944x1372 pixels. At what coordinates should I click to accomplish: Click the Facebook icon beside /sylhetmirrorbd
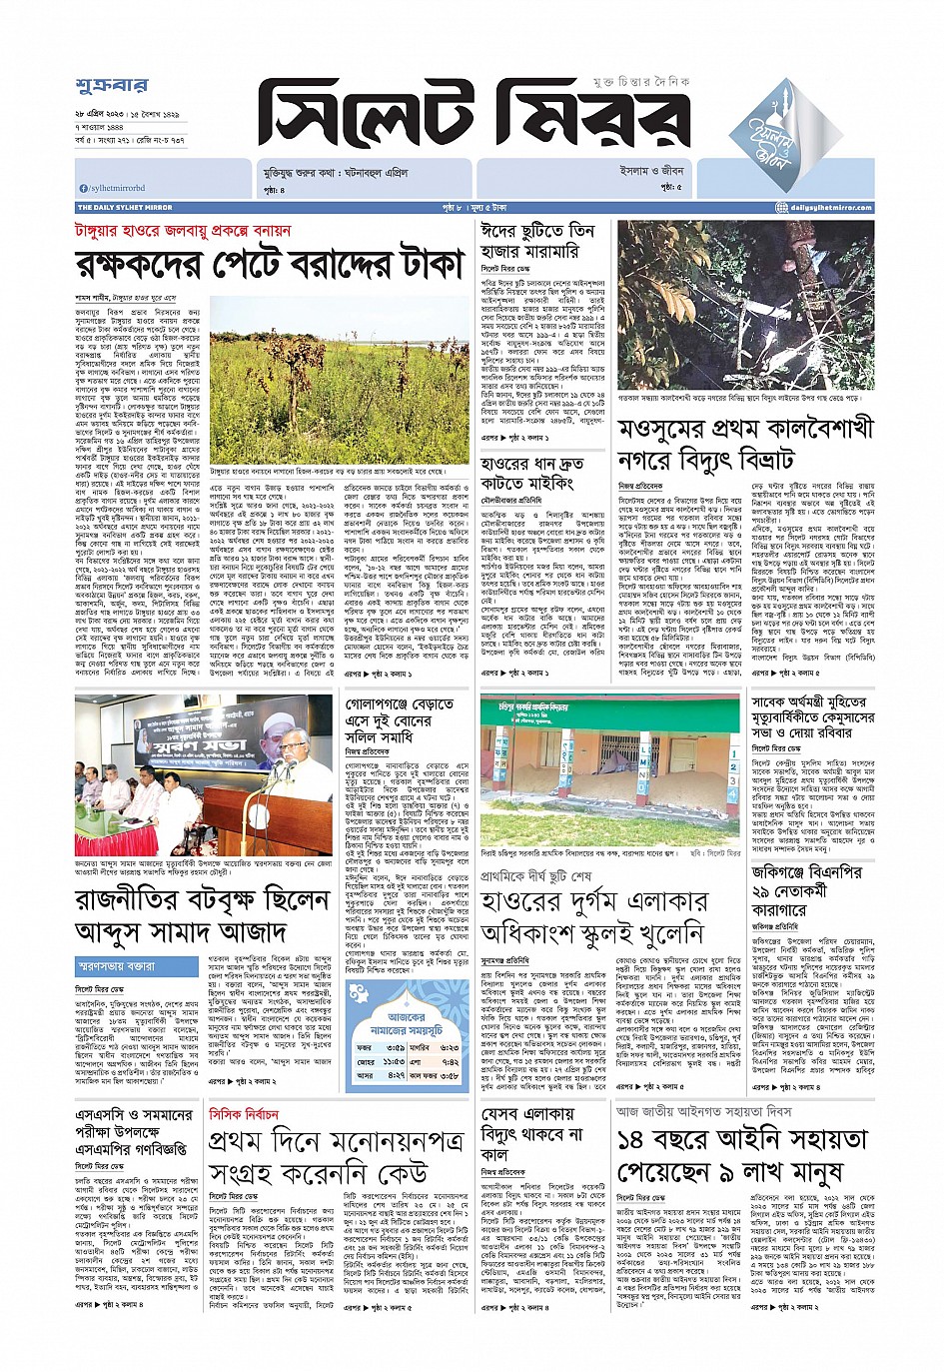[x=83, y=188]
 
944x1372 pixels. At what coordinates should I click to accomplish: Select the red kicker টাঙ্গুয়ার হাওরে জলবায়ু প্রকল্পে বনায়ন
[x=184, y=231]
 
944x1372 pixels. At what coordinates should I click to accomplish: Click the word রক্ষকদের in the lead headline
[x=143, y=265]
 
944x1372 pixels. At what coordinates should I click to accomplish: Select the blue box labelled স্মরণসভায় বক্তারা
[x=137, y=966]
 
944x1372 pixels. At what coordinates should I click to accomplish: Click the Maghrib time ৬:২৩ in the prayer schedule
[x=449, y=1047]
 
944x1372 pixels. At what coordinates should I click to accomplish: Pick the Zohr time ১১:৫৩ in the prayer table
[x=394, y=1061]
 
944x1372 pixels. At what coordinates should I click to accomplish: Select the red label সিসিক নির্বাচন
[x=243, y=1114]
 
